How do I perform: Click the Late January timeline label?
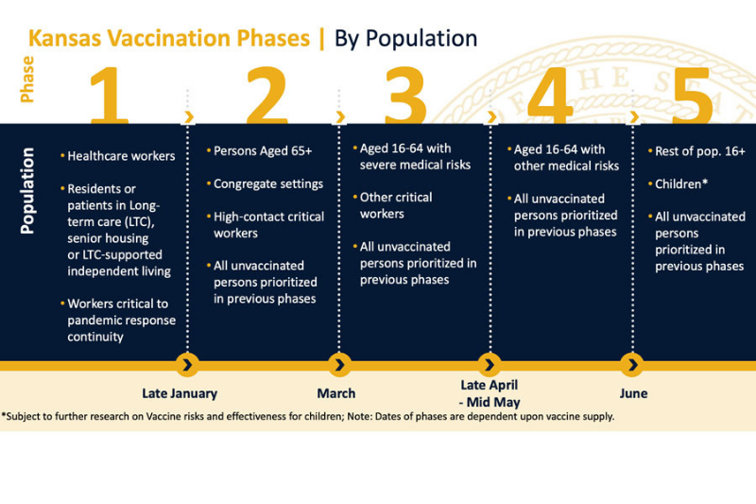click(180, 393)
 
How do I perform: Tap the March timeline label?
click(336, 393)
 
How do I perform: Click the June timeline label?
click(633, 393)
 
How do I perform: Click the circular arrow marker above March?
click(340, 364)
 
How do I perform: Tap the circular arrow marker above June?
click(632, 364)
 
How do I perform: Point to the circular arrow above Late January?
click(188, 364)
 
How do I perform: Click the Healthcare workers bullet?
click(121, 156)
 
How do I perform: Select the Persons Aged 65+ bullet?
click(261, 150)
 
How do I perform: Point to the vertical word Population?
click(27, 190)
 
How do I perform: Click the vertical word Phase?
click(27, 79)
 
